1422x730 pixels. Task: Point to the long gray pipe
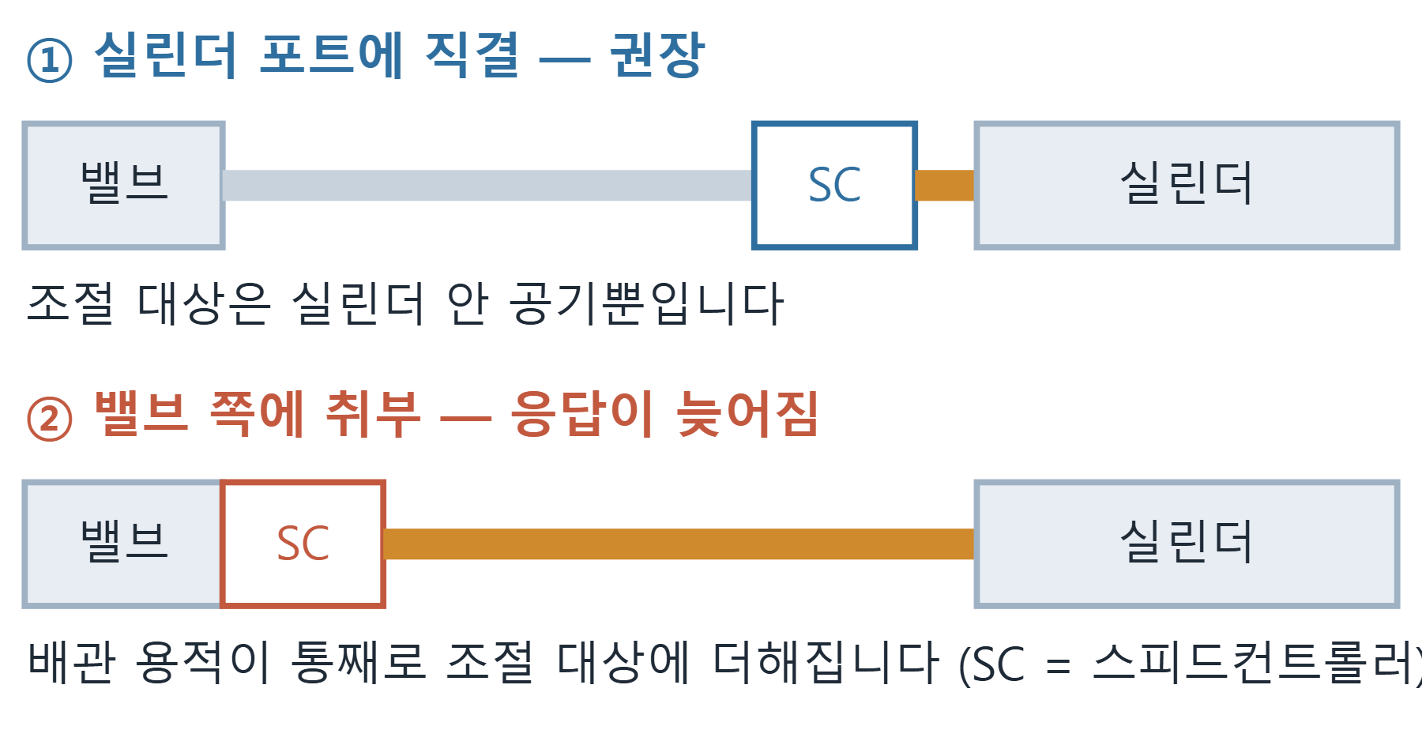click(x=488, y=186)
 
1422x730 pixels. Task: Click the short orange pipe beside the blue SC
click(x=945, y=186)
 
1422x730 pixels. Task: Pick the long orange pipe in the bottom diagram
click(x=679, y=544)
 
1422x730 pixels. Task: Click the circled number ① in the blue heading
click(x=50, y=61)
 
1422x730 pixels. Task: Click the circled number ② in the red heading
click(x=50, y=419)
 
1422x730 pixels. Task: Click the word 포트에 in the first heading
click(x=332, y=55)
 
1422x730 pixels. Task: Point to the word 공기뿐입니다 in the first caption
click(x=646, y=303)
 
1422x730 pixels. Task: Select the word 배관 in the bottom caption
click(x=72, y=661)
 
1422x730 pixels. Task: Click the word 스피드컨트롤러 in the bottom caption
click(x=1257, y=663)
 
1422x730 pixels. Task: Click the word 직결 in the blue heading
click(x=472, y=55)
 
